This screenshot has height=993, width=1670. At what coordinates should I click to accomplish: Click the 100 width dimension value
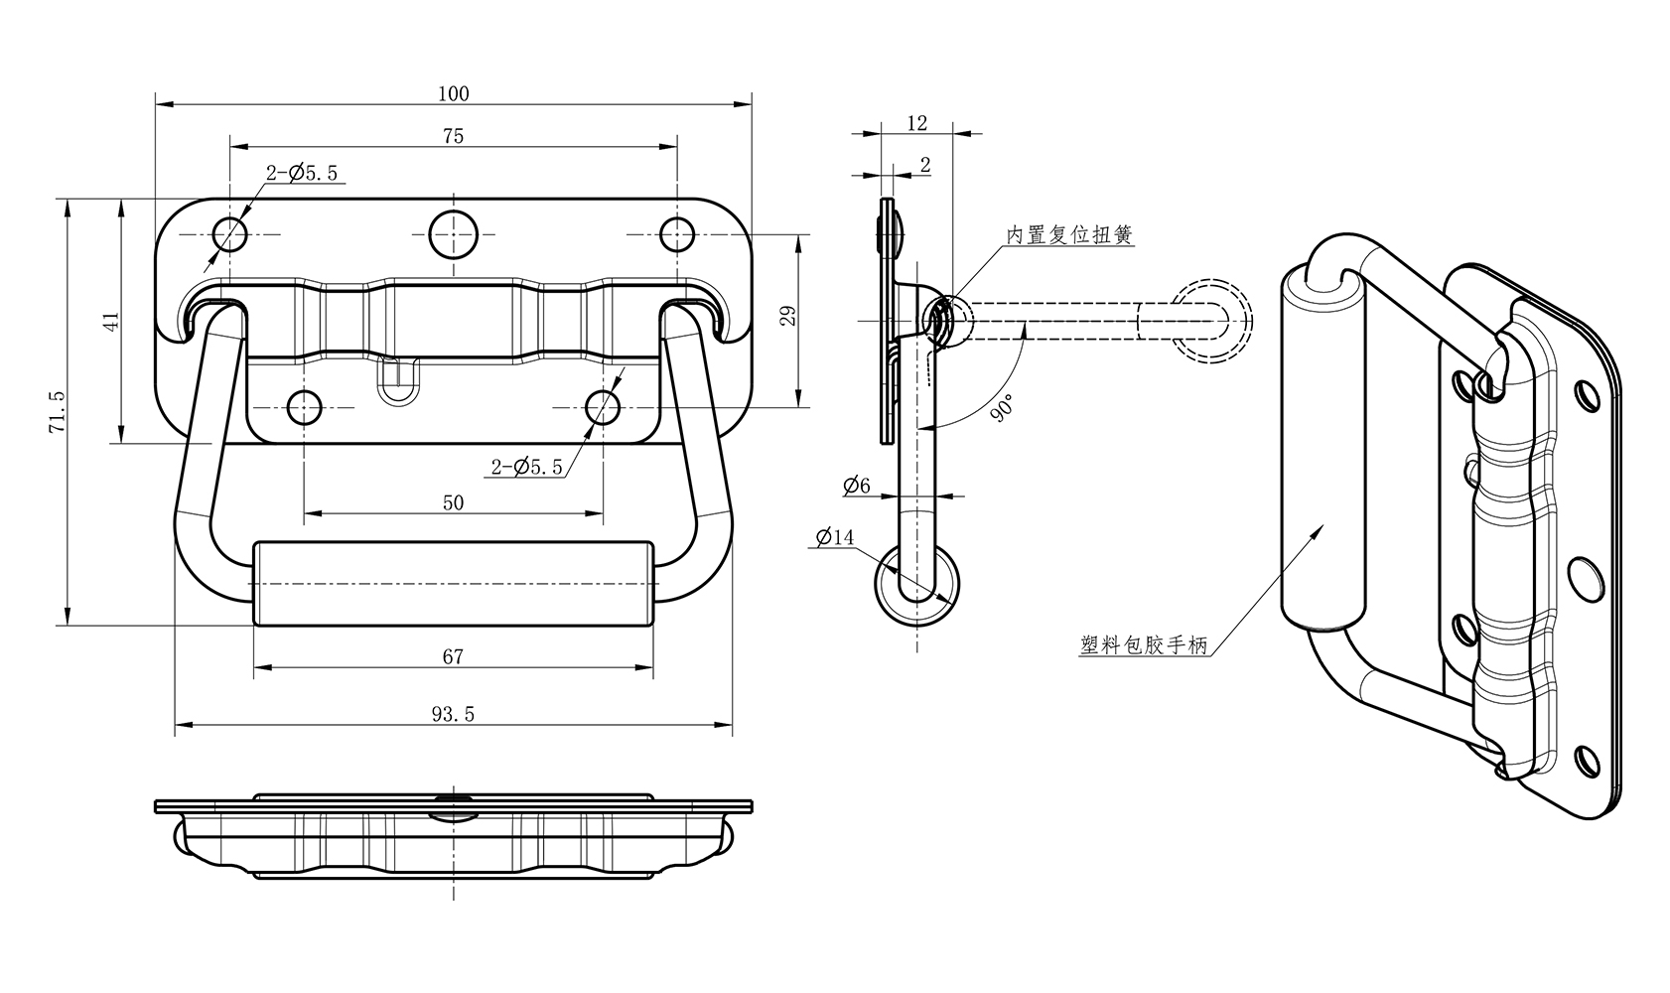(x=453, y=94)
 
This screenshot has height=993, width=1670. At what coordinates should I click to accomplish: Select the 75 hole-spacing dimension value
(x=453, y=136)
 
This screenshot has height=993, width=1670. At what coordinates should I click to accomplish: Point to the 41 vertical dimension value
(x=111, y=321)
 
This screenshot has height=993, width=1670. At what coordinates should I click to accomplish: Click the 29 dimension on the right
(x=788, y=316)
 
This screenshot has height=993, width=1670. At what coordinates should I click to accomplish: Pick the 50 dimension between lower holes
(x=453, y=502)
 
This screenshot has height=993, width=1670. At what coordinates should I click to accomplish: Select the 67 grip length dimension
(x=453, y=656)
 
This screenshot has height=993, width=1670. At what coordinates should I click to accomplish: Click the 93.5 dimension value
(x=453, y=714)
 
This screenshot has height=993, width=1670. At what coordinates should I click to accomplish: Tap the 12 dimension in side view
(x=917, y=123)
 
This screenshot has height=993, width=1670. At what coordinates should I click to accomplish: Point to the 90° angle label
(x=1002, y=408)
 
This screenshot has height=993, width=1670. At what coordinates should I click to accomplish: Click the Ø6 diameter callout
(x=856, y=486)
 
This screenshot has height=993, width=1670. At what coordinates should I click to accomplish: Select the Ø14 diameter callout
(x=834, y=537)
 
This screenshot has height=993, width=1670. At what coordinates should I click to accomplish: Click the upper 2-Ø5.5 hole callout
(x=302, y=174)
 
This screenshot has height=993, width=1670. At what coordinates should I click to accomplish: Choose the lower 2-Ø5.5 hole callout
(x=526, y=467)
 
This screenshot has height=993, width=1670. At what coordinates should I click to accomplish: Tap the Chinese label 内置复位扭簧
(x=1069, y=235)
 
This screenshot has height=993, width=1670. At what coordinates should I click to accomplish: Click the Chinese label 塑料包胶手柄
(x=1144, y=646)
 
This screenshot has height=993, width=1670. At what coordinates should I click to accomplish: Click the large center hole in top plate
(x=454, y=234)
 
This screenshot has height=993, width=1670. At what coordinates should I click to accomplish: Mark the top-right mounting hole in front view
(x=676, y=234)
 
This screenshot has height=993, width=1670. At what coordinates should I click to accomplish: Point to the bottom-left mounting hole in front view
(x=304, y=407)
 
